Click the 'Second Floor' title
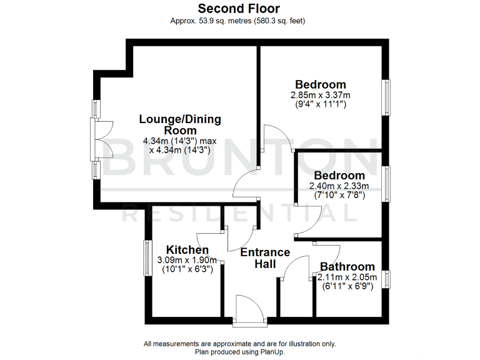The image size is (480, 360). (239, 9)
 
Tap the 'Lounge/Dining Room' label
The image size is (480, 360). (180, 124)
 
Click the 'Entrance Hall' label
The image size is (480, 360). (265, 258)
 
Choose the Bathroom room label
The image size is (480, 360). (347, 266)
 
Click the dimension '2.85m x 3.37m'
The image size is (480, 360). (321, 95)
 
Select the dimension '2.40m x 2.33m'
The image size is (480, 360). (339, 186)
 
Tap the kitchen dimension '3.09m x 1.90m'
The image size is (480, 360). (186, 260)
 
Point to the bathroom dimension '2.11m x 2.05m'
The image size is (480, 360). (347, 277)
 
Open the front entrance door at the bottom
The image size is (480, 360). (249, 311)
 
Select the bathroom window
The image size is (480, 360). (387, 279)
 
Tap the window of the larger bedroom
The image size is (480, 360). (387, 97)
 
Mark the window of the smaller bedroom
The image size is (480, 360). (387, 183)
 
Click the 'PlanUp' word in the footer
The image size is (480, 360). (272, 352)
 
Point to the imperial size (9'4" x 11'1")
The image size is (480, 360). (321, 104)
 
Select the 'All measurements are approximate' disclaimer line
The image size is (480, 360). (239, 344)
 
